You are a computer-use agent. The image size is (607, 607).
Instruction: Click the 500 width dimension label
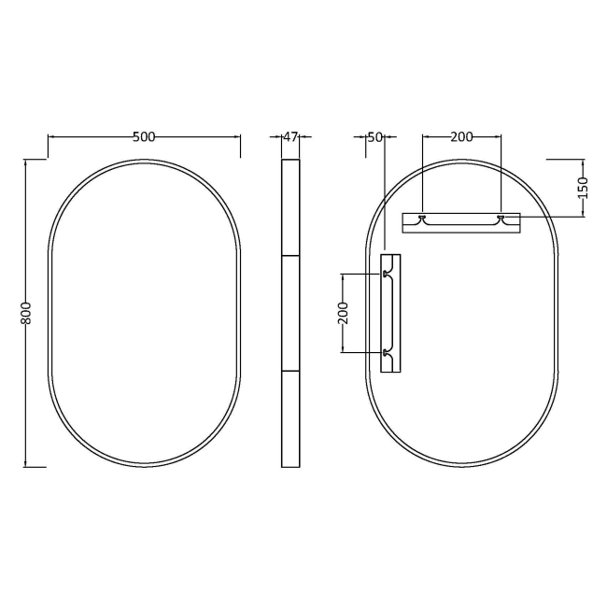144,137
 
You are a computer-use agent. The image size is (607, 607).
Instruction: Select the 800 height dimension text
27,313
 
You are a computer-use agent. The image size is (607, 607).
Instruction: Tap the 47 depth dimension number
290,137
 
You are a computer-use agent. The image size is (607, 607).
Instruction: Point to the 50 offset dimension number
374,137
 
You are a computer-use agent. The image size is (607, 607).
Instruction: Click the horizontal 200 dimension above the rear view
461,137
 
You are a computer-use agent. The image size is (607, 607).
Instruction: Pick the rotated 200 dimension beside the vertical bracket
343,313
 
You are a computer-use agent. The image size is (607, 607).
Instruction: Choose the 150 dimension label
583,187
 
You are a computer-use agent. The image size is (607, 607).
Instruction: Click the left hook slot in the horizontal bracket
423,219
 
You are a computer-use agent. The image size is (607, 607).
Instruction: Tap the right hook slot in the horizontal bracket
501,219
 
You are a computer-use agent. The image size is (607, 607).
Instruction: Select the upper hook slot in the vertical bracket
386,275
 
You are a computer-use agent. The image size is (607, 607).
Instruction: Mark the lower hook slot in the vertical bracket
386,352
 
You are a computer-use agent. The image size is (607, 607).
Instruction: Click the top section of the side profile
290,207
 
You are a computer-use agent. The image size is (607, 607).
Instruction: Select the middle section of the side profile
290,313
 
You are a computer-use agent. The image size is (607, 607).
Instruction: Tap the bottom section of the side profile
290,418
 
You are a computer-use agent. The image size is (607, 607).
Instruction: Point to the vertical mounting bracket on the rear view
391,313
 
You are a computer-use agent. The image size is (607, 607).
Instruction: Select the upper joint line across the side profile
290,255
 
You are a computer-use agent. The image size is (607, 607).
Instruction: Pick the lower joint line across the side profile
290,371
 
